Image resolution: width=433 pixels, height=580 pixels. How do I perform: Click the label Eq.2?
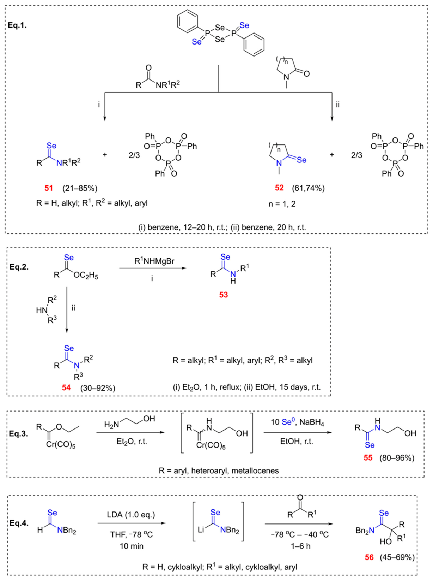tap(19, 267)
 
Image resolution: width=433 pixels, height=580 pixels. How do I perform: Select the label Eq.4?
tap(19, 523)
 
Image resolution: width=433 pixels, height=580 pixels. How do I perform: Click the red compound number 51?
tap(49, 188)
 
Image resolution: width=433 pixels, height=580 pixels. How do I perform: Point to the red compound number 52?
tap(280, 188)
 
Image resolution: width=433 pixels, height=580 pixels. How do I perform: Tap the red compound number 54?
tap(66, 387)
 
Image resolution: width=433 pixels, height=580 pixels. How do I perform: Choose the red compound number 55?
tap(368, 458)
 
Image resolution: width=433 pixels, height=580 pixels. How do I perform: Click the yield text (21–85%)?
tap(80, 188)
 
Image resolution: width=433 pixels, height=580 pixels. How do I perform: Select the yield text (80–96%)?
tap(397, 458)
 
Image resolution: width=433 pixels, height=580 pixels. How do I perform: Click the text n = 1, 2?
tap(282, 204)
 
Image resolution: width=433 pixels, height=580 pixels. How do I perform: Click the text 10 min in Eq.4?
tap(132, 546)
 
